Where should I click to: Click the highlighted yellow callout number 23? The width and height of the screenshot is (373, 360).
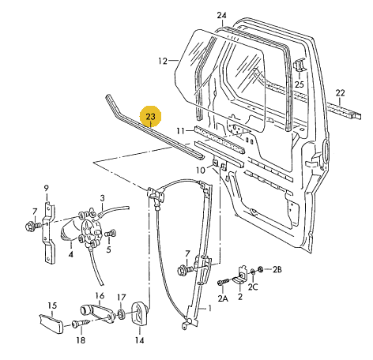150,116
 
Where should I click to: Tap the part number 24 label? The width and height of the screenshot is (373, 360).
222,16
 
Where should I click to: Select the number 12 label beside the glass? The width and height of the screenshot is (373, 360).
163,61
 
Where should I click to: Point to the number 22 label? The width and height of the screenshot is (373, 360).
340,93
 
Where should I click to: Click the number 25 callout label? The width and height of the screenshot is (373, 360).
300,84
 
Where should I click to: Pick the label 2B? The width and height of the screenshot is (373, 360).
277,269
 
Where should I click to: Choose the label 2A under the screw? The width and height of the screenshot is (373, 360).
223,298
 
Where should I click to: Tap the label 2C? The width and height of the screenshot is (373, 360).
253,287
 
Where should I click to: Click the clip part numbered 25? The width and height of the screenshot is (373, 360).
300,65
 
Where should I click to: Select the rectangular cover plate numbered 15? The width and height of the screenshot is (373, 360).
51,324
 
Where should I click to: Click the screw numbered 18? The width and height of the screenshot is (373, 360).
81,323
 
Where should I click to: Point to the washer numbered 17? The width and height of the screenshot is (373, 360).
122,314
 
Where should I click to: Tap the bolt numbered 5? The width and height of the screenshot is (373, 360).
111,233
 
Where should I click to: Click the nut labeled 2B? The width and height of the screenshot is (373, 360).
261,269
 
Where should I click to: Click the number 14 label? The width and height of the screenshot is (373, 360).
140,340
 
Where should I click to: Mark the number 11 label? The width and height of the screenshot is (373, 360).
181,130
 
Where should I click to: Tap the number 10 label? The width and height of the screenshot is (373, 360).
201,171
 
